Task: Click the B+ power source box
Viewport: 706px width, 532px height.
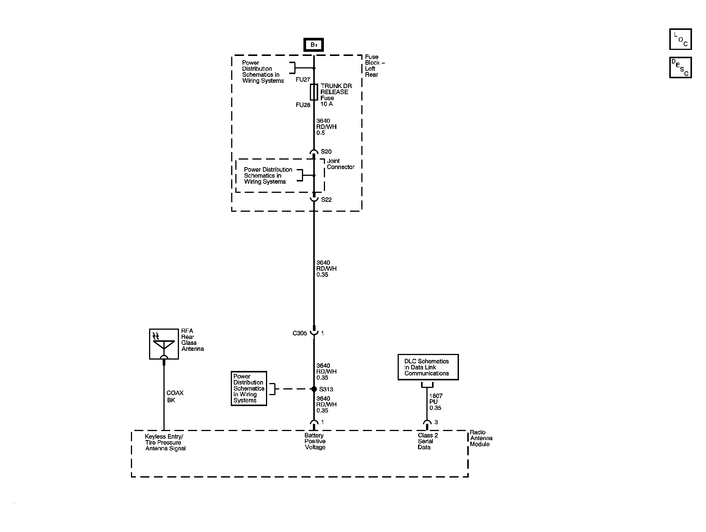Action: click(314, 45)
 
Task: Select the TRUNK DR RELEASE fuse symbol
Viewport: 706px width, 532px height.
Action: click(314, 92)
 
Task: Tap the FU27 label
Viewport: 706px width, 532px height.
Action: click(303, 80)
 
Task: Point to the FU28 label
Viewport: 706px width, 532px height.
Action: click(303, 105)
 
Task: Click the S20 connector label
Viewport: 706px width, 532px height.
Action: click(326, 152)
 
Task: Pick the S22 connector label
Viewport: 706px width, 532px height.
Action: click(326, 200)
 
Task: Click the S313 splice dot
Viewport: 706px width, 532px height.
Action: click(314, 389)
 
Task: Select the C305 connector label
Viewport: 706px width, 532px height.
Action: click(300, 333)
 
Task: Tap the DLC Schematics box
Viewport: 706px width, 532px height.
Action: click(428, 367)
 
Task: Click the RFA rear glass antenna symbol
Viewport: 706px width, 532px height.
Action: click(164, 344)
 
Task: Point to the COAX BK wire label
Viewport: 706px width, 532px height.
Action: click(175, 397)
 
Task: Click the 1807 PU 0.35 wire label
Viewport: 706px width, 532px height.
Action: click(435, 402)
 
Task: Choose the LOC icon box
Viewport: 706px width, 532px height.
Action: click(680, 39)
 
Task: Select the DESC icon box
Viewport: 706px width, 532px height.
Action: click(680, 68)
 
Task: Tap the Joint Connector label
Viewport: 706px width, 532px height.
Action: click(341, 164)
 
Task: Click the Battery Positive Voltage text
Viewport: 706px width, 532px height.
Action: click(315, 441)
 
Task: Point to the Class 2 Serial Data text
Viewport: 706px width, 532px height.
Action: click(428, 441)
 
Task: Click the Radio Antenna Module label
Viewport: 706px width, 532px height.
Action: click(481, 438)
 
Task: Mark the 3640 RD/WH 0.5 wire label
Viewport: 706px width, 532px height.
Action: click(326, 127)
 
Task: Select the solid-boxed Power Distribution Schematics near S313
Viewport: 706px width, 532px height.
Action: click(249, 388)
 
